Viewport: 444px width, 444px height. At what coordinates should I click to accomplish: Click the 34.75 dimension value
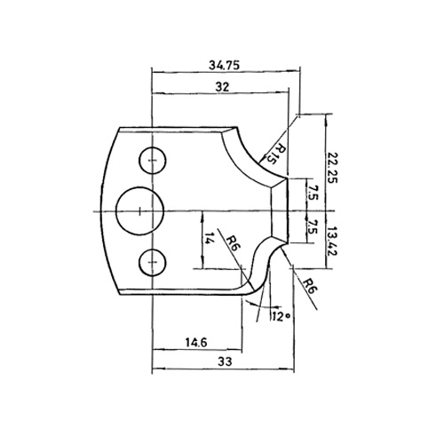[224, 65]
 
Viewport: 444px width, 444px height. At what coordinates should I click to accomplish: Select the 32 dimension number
[222, 87]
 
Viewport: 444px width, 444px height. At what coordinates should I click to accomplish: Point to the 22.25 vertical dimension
[332, 168]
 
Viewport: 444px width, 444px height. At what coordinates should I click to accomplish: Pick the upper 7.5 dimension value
[312, 193]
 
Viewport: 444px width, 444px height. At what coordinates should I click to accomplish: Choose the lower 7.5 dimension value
[312, 226]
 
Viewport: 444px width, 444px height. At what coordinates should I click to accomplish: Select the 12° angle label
[280, 317]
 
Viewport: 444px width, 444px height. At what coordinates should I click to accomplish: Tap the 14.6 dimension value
[196, 343]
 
